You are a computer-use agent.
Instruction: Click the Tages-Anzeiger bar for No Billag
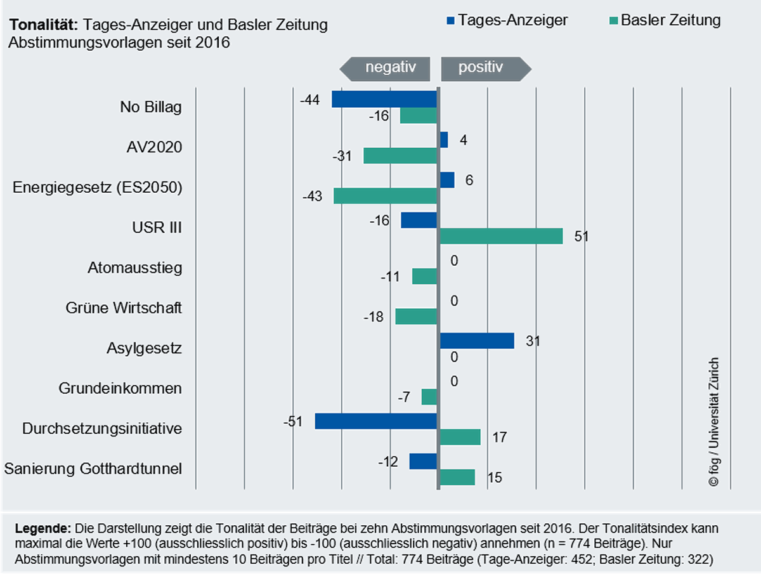(x=384, y=99)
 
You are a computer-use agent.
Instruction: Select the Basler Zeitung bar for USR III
(x=502, y=236)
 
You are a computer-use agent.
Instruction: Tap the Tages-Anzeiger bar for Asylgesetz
(x=477, y=341)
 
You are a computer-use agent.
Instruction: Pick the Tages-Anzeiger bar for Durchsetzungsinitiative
(x=376, y=421)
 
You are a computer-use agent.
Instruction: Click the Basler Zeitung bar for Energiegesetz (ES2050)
(x=385, y=196)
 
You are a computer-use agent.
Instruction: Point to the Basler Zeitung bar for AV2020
(x=400, y=155)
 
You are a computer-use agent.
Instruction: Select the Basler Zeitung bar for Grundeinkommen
(x=429, y=397)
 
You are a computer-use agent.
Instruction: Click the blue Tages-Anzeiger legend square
(x=450, y=21)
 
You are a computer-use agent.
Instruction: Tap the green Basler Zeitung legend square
(x=614, y=21)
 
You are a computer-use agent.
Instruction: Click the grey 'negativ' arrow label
(x=385, y=69)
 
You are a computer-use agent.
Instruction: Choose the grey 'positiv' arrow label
(x=486, y=69)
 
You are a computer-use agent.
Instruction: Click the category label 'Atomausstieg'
(x=135, y=268)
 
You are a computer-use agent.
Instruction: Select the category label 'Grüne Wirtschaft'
(x=124, y=308)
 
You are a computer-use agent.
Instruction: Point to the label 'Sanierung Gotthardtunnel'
(x=93, y=469)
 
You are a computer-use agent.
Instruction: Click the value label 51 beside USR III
(x=582, y=237)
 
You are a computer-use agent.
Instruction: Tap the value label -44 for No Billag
(x=310, y=100)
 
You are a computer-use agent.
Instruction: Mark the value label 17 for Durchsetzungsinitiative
(x=500, y=438)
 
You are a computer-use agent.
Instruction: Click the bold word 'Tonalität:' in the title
(x=44, y=25)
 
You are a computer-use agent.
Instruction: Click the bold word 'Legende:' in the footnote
(x=43, y=528)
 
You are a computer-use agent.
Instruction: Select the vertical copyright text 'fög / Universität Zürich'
(x=714, y=422)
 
